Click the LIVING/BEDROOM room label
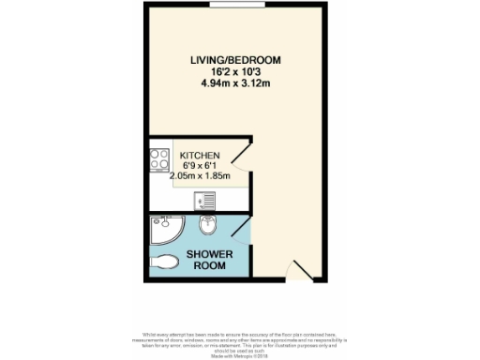tap(235, 60)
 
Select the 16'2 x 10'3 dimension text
tap(235, 71)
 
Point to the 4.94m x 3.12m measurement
tap(235, 82)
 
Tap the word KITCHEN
tap(201, 156)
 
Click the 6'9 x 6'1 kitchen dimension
tap(200, 166)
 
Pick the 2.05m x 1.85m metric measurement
tap(200, 176)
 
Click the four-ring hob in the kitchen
tap(158, 160)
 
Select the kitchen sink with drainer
tap(203, 201)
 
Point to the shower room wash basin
tap(208, 224)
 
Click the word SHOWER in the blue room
tap(203, 254)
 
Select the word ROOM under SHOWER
tap(203, 265)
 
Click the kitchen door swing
tap(240, 154)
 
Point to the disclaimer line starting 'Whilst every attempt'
tap(240, 335)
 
